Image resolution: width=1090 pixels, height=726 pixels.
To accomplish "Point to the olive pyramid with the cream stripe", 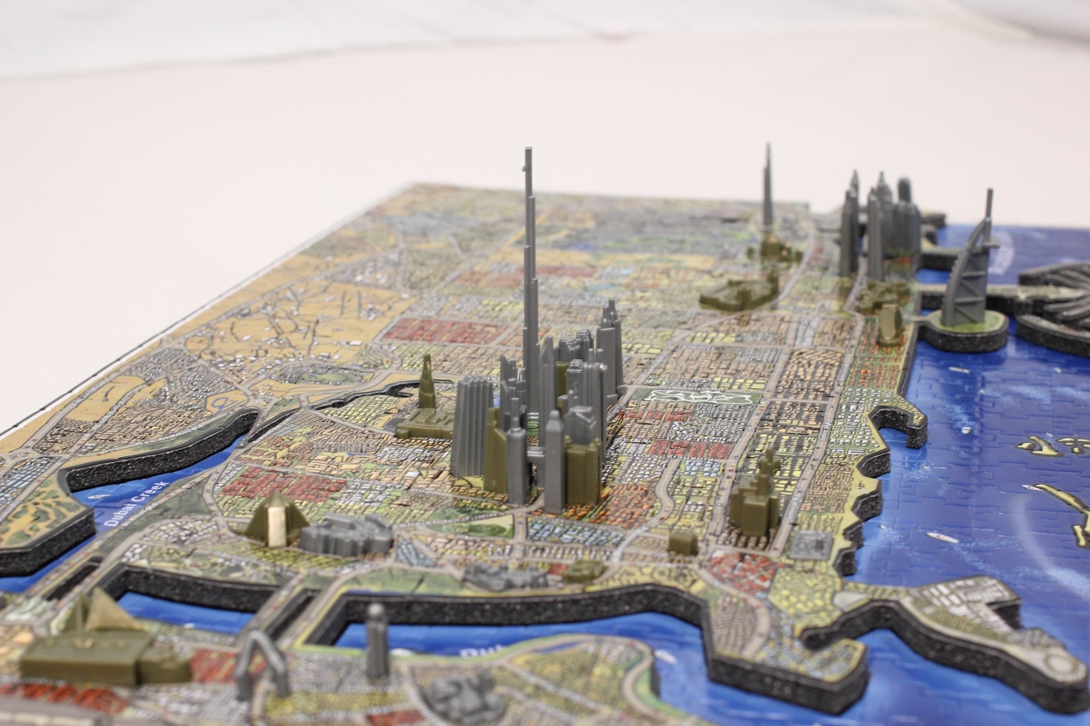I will pyautogui.click(x=274, y=519).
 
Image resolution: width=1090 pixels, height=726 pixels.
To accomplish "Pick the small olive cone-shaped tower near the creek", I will pyautogui.click(x=426, y=372).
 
